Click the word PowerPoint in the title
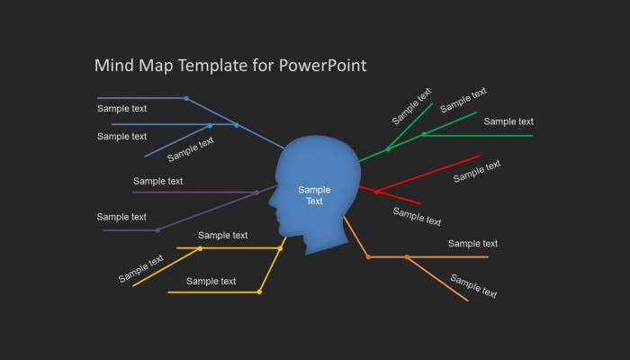322,66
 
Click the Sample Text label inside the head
314,195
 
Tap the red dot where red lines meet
376,193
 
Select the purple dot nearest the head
256,193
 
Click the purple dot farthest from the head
157,230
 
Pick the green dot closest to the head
388,149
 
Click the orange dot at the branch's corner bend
368,256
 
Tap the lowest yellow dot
259,292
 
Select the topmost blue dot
186,98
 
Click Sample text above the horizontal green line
508,121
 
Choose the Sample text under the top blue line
121,109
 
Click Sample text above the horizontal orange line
472,244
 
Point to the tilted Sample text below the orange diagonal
473,286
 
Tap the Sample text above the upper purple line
157,181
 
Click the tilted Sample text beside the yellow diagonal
141,268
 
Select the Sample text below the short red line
417,217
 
